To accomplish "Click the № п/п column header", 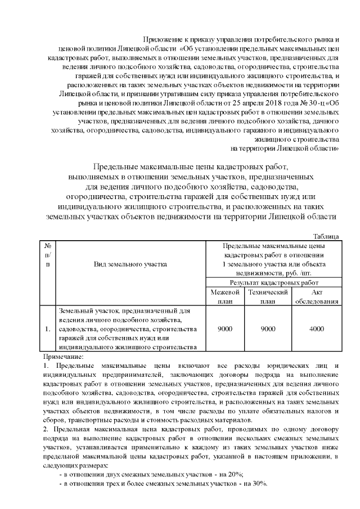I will tap(49, 254).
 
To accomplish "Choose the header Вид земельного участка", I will tap(130, 263).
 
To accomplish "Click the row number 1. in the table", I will tap(48, 328).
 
